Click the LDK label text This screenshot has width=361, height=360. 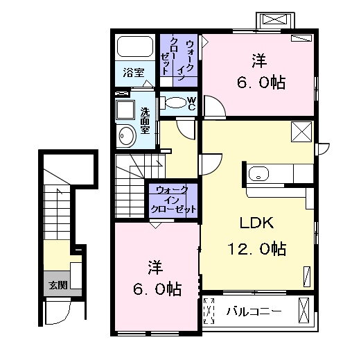[257, 223]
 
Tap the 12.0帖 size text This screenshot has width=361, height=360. [257, 249]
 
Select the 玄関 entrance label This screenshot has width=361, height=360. [58, 285]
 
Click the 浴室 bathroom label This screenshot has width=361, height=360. [134, 73]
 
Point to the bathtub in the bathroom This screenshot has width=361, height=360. [135, 46]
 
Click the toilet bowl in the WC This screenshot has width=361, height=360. [176, 103]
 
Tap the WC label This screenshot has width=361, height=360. [191, 103]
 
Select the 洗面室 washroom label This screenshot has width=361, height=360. [146, 121]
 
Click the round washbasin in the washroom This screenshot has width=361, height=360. [127, 136]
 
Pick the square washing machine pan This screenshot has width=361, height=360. [125, 110]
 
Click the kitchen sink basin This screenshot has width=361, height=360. [258, 173]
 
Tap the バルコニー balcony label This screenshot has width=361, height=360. [254, 311]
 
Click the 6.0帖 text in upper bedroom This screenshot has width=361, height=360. [261, 83]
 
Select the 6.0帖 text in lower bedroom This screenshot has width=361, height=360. [157, 289]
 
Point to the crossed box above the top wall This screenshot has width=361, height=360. [275, 19]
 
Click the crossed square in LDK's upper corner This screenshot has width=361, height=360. [301, 132]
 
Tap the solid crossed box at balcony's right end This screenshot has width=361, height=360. [303, 311]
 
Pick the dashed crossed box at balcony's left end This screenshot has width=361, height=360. [209, 311]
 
